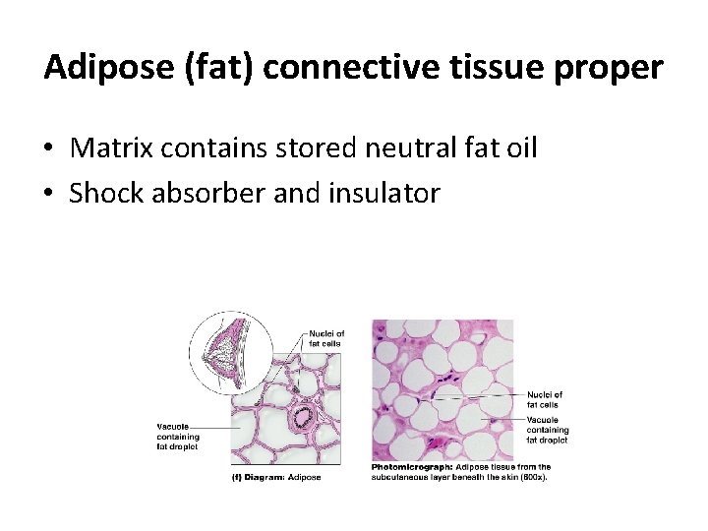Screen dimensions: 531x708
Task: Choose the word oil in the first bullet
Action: pos(518,148)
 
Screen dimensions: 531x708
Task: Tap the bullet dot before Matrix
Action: pos(48,149)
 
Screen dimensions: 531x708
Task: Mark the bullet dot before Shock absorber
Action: pos(48,194)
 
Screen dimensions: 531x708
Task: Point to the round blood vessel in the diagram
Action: pos(301,416)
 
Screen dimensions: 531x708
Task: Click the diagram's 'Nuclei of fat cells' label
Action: pos(326,338)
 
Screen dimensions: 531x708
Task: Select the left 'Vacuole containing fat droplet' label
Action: pos(178,437)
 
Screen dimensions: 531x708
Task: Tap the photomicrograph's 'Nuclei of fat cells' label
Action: pos(545,399)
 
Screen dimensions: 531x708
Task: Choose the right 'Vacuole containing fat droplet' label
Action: pos(548,430)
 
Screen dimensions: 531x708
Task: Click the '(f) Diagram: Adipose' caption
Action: pos(275,477)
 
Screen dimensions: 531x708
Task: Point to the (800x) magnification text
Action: pos(532,477)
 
